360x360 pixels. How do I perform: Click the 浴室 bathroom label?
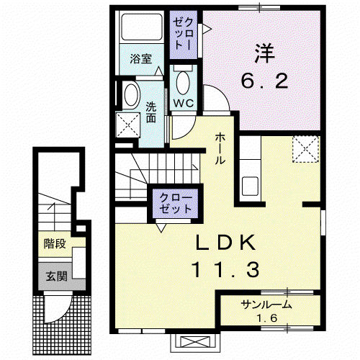coord(141,59)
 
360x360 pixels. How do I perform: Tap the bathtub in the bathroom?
coord(142,27)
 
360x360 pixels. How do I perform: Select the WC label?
coord(184,104)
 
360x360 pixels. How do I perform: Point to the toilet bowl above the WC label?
coord(183,83)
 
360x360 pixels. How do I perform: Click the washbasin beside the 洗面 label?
coord(131,95)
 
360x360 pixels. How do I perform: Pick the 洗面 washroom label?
coord(151,112)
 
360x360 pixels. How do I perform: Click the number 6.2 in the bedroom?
coord(264,81)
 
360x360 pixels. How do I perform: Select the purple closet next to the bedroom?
coord(184,35)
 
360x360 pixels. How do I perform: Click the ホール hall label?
coord(220,149)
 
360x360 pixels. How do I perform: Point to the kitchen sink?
coord(250,186)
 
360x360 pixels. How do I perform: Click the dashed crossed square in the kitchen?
coord(306,149)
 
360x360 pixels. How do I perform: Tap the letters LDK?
coord(225,243)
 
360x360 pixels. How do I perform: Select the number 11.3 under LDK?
coord(225,269)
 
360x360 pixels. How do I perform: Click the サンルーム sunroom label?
coord(266,305)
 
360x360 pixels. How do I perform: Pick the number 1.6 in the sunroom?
coord(267,318)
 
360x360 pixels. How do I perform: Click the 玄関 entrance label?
coord(56,276)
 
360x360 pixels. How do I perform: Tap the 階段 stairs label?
coord(55,244)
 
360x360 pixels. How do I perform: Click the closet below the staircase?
coord(176,204)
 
